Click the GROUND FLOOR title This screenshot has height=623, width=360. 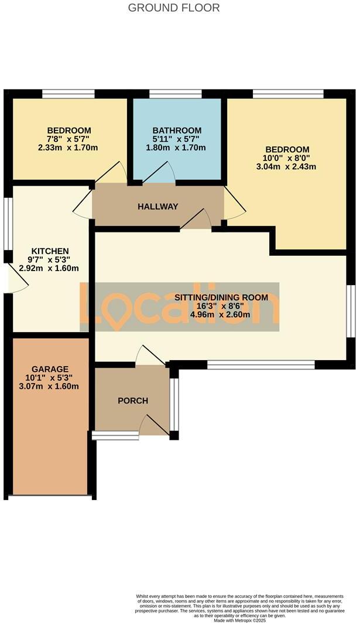pyautogui.click(x=174, y=8)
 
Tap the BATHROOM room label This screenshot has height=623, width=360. pyautogui.click(x=177, y=130)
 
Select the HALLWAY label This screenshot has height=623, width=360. pyautogui.click(x=157, y=206)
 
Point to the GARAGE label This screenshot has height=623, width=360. pyautogui.click(x=50, y=369)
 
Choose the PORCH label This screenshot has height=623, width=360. pyautogui.click(x=133, y=401)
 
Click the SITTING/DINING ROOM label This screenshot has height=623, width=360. pyautogui.click(x=221, y=297)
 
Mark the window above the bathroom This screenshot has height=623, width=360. pyautogui.click(x=176, y=94)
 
